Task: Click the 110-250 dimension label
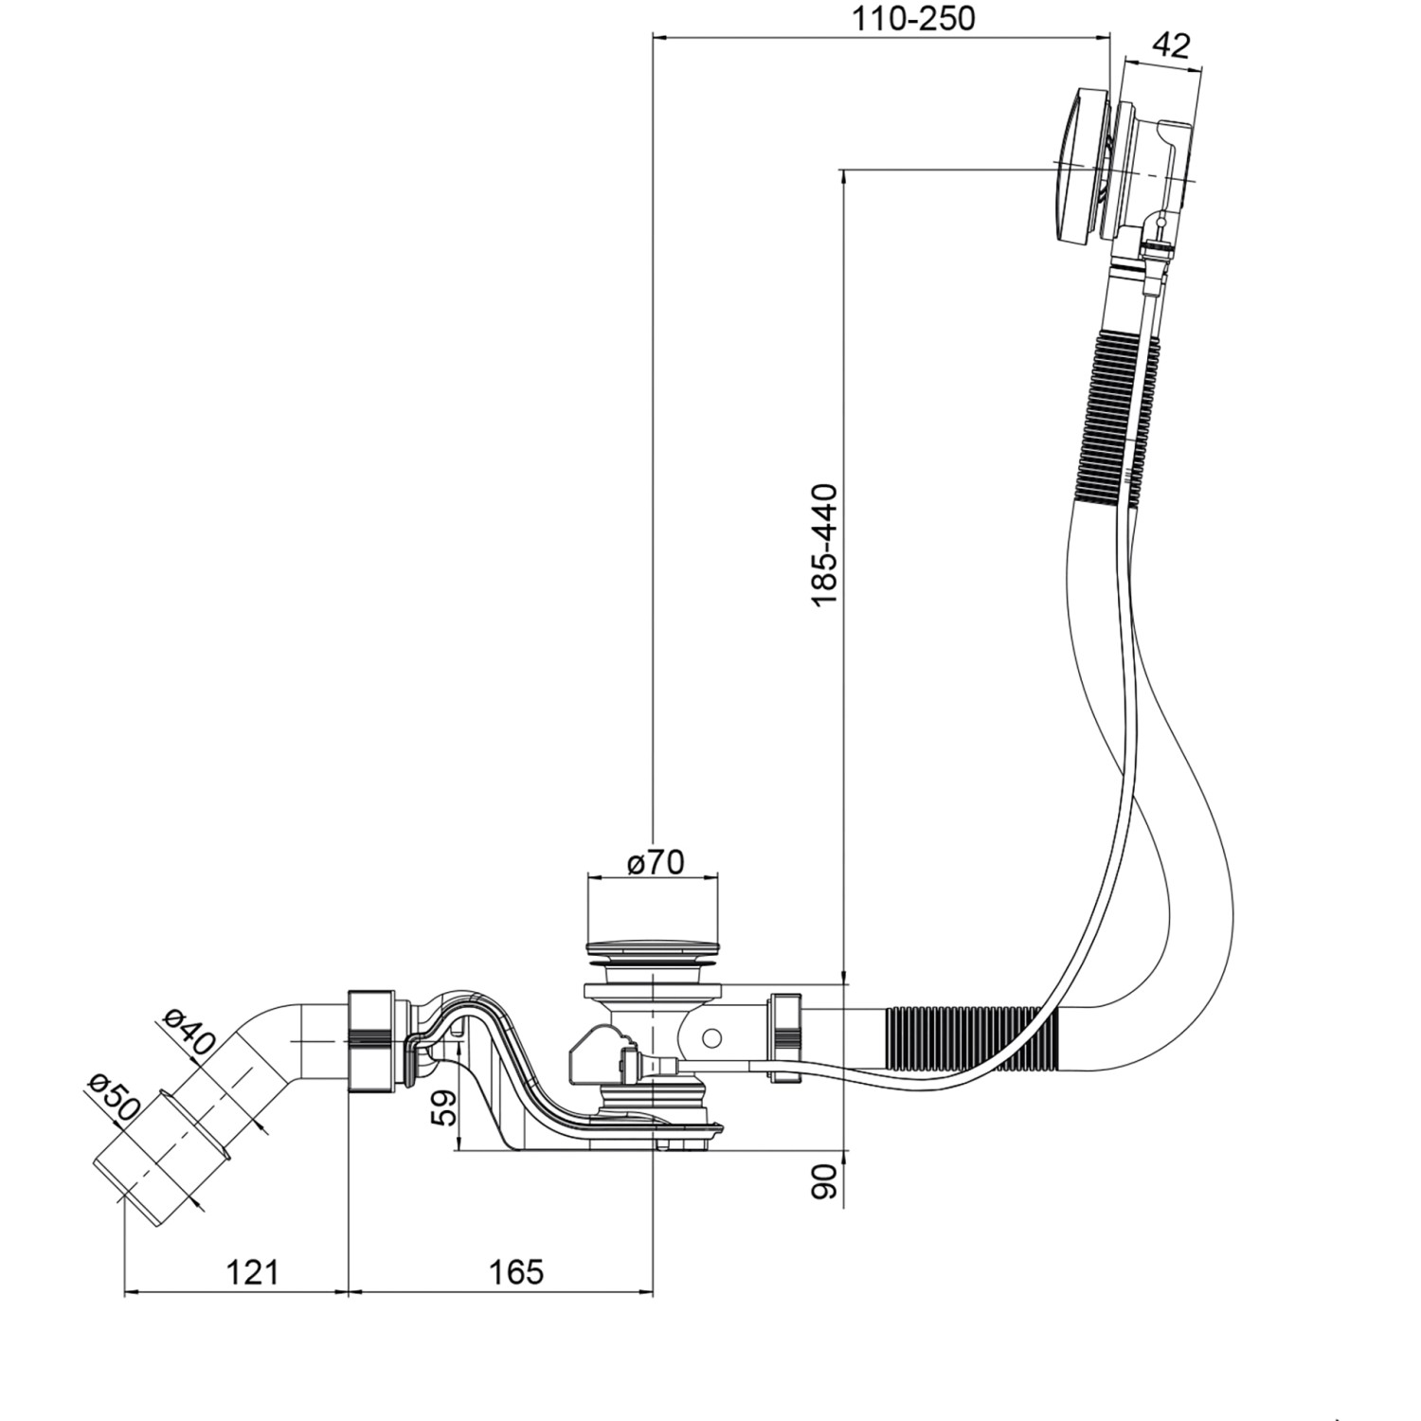(912, 18)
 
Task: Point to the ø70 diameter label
(655, 862)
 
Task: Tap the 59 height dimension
(442, 1106)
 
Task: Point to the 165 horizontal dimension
(516, 1271)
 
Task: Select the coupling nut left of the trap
(370, 1040)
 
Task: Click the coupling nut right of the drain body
(787, 1036)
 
